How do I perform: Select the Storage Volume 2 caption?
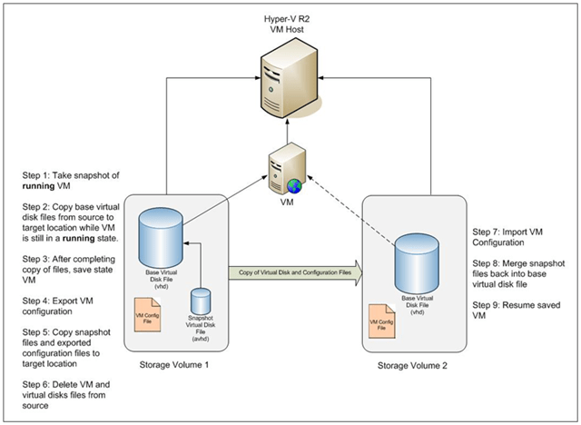418,365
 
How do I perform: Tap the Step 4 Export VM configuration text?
55,291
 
